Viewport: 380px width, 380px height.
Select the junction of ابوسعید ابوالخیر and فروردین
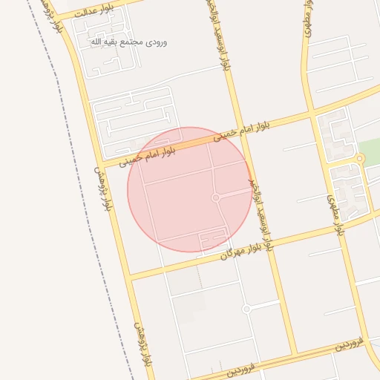295,352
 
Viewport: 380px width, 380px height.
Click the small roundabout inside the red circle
216,198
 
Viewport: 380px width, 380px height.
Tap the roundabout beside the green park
360,159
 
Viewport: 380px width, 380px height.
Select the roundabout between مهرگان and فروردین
246,308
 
